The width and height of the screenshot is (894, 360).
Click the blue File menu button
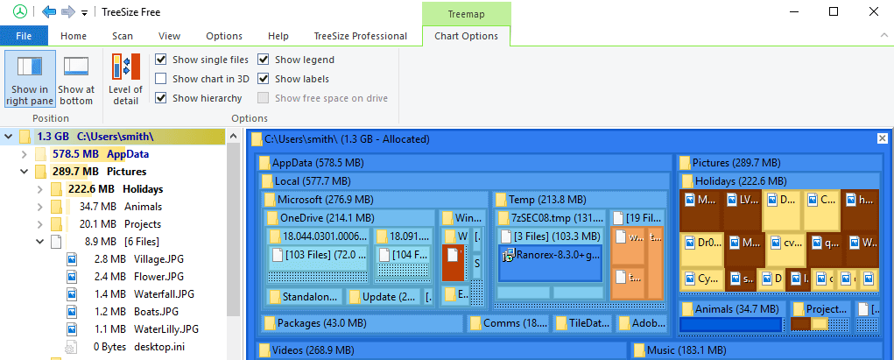coord(24,36)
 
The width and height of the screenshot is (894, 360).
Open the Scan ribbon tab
coord(123,36)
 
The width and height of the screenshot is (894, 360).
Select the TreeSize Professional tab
coord(360,36)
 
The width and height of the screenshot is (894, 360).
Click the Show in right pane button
coord(30,79)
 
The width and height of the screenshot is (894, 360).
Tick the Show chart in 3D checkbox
coord(161,79)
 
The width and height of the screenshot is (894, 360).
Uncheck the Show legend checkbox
coord(264,60)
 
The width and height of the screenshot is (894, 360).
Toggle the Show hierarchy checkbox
coord(161,98)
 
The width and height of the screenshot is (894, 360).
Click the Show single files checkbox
coord(161,60)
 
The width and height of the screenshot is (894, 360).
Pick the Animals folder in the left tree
coord(143,207)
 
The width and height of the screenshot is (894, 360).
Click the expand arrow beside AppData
coord(25,154)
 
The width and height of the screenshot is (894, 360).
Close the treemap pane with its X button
coord(882,138)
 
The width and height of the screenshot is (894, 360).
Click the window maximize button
coord(833,11)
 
